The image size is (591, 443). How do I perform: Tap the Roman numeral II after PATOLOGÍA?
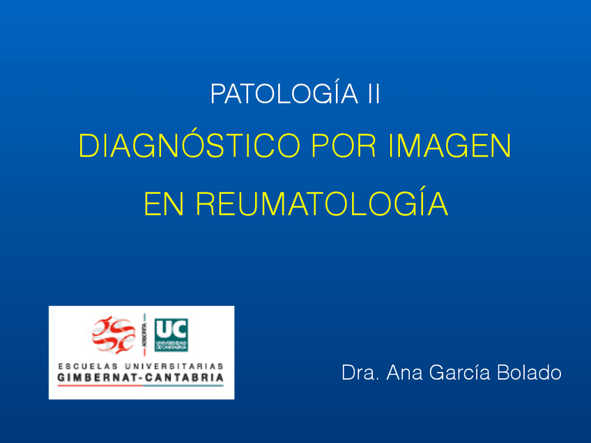pyautogui.click(x=374, y=94)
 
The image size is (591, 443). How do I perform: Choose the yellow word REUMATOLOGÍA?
pyautogui.click(x=321, y=203)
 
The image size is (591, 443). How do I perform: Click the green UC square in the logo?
pyautogui.click(x=171, y=334)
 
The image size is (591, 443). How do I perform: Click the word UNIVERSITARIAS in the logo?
pyautogui.click(x=177, y=366)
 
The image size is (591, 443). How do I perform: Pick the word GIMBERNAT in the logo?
pyautogui.click(x=94, y=378)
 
